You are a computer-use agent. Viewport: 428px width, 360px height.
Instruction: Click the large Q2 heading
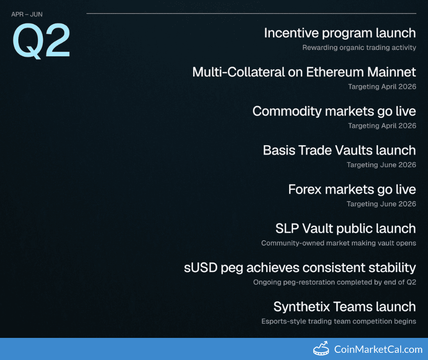coord(41,41)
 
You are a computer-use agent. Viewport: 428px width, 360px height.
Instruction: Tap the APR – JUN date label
coord(27,14)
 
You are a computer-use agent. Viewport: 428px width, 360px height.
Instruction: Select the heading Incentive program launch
coord(340,33)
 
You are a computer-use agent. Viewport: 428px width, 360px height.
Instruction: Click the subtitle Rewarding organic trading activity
coord(359,48)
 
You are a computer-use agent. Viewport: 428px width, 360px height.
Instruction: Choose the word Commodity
coord(287,112)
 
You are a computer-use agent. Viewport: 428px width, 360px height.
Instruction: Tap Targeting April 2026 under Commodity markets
coord(382,125)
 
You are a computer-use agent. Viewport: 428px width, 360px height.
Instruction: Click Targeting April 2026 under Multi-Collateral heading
coord(382,87)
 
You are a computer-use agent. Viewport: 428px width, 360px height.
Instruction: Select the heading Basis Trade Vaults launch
coord(339,150)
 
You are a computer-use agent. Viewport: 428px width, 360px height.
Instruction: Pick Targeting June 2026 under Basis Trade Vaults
coord(381,165)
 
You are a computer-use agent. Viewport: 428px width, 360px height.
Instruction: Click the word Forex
coord(305,189)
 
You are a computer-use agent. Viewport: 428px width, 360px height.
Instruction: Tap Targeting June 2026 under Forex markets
coord(381,204)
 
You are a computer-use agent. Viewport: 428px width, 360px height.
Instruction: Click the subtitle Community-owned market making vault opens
coord(339,243)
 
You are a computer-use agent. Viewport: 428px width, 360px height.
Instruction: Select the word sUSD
coord(201,268)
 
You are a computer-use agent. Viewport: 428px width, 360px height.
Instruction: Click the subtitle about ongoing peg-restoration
coord(335,282)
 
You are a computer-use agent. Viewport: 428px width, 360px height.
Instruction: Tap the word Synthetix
coord(302,307)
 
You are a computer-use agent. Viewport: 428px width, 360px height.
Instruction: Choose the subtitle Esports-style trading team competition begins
coord(339,321)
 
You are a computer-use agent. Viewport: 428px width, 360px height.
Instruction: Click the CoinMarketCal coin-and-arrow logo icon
coord(321,348)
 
